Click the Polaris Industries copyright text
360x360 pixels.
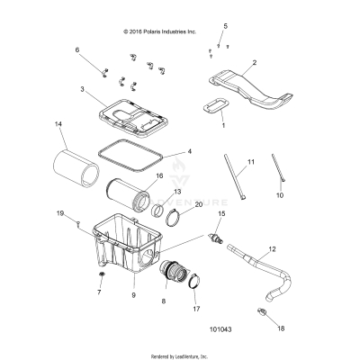160,30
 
